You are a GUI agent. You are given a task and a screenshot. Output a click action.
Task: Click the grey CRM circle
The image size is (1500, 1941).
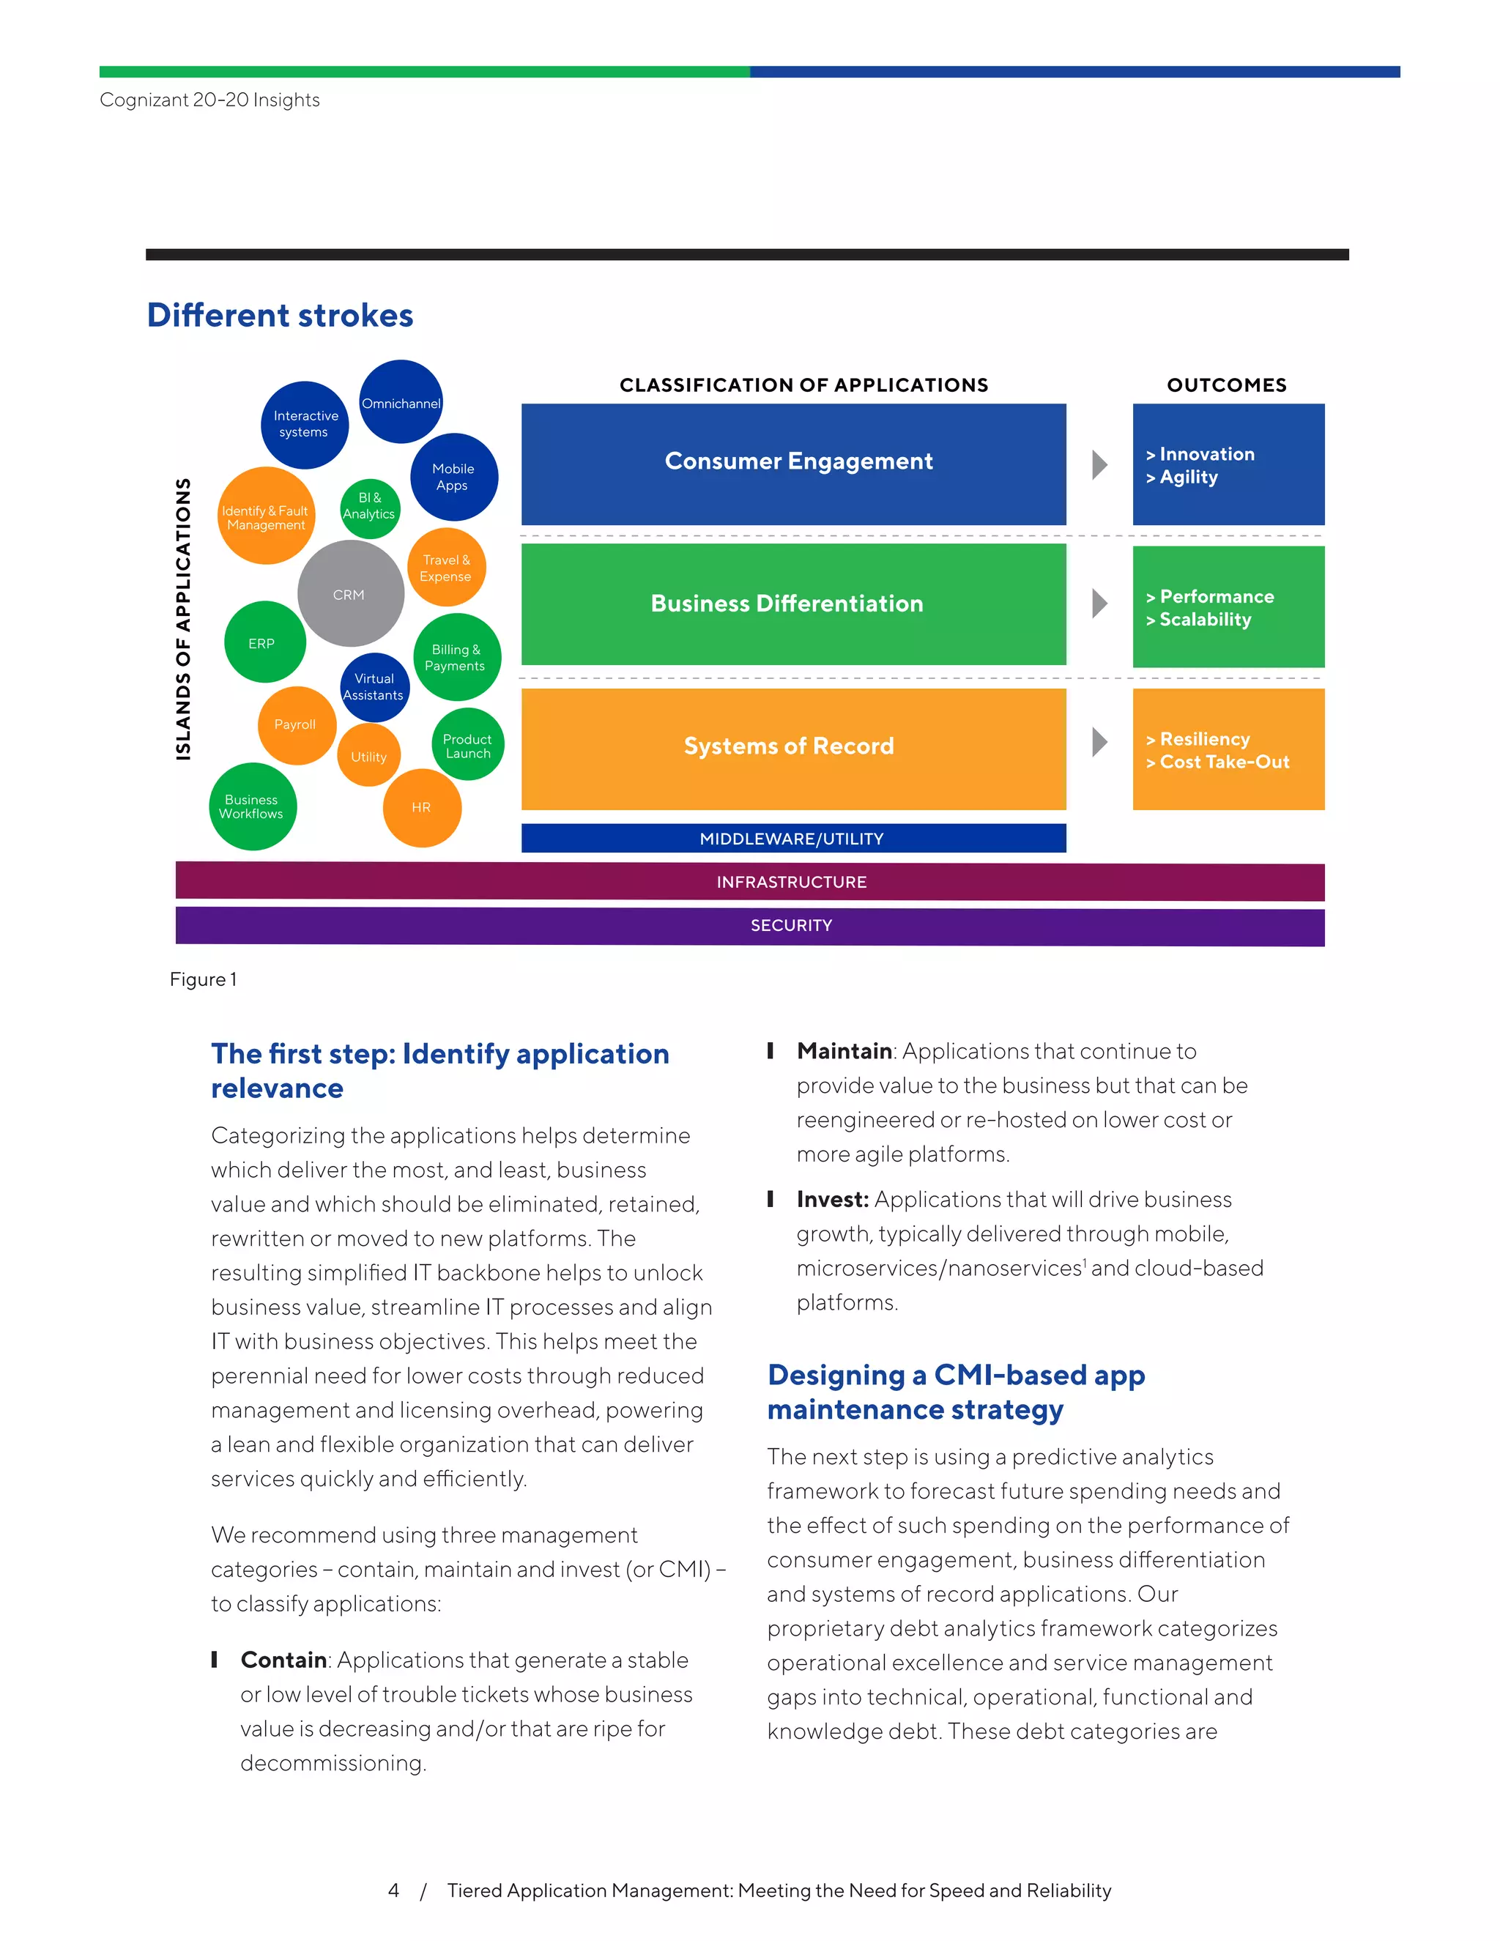[x=350, y=594]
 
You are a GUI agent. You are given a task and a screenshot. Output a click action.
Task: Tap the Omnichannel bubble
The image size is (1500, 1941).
[x=401, y=401]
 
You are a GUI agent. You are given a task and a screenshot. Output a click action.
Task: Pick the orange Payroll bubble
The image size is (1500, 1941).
[x=296, y=725]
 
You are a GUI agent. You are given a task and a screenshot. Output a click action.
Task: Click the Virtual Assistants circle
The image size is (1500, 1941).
[x=374, y=687]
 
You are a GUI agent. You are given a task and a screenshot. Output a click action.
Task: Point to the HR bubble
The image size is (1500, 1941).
[x=422, y=808]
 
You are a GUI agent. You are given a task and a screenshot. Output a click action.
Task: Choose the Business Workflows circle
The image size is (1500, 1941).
[x=253, y=807]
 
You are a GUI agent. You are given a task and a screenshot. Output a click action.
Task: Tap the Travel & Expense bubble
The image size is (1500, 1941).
[x=447, y=568]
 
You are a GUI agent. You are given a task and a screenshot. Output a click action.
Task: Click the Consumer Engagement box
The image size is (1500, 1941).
[x=793, y=464]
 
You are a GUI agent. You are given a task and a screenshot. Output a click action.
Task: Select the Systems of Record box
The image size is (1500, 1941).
[x=793, y=749]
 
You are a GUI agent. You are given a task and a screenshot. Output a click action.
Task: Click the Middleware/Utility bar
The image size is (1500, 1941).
[x=793, y=838]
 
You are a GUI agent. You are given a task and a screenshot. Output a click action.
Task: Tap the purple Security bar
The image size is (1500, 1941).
[x=750, y=926]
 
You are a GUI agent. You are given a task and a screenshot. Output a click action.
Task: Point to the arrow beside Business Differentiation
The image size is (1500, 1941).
[x=1100, y=604]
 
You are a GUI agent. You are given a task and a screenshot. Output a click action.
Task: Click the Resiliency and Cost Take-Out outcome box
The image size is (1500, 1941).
[x=1228, y=749]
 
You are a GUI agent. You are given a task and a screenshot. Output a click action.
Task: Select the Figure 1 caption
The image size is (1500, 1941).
[x=204, y=979]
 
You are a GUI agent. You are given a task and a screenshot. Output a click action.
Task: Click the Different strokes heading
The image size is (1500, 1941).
[x=281, y=316]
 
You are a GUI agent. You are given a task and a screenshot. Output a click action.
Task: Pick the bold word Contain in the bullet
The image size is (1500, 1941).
[x=283, y=1660]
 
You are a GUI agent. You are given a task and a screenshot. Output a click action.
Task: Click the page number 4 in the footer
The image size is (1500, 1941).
[x=393, y=1890]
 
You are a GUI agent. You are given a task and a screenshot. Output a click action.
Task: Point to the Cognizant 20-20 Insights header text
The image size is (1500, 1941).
[x=209, y=100]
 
